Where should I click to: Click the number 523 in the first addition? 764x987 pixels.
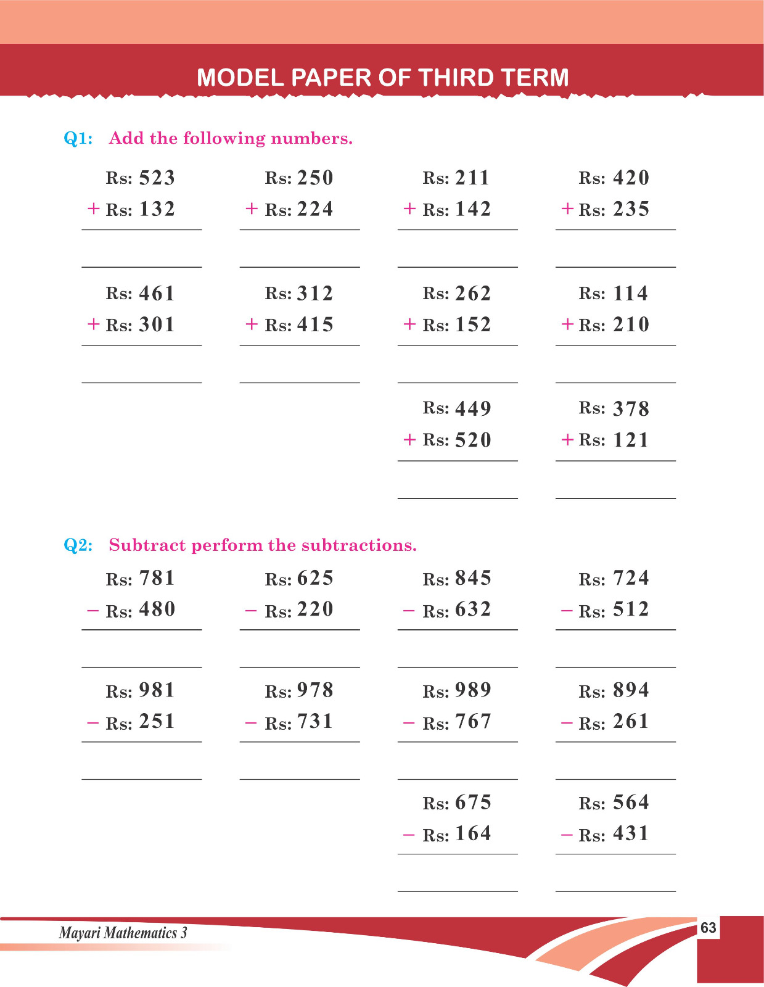157,178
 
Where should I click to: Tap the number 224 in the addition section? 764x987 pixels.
315,209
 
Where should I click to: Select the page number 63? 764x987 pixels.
709,928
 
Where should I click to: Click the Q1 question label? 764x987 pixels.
78,138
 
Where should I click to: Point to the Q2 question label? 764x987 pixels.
78,545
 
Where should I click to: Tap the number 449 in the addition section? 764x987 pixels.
473,408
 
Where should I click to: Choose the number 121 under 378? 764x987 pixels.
631,440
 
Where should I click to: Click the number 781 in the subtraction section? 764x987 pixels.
157,578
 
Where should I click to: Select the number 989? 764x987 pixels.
473,690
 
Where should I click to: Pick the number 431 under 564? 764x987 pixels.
631,833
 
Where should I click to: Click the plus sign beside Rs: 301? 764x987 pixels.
93,324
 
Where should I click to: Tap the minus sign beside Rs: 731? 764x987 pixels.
251,722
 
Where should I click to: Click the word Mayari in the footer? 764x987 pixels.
79,933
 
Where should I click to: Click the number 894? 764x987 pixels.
631,690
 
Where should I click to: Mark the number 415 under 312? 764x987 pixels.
315,324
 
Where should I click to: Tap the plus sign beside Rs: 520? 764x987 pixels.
409,439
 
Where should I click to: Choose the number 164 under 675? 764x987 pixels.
473,833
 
